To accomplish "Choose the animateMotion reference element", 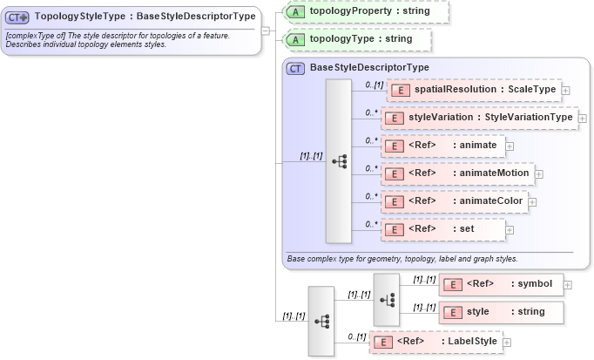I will point(457,173).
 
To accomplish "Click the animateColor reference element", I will point(455,201).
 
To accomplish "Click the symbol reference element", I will point(501,283).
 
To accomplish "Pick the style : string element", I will point(501,311).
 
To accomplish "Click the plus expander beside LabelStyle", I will point(507,343).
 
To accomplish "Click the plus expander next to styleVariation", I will point(582,118).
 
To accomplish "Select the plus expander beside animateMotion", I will point(538,173).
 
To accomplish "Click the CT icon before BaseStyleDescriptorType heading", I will point(296,68).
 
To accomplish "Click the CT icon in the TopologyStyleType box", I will point(18,17).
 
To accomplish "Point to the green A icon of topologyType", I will point(296,39).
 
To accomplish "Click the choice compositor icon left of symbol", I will point(386,297).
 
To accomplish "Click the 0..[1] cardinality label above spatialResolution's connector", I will point(374,84).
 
